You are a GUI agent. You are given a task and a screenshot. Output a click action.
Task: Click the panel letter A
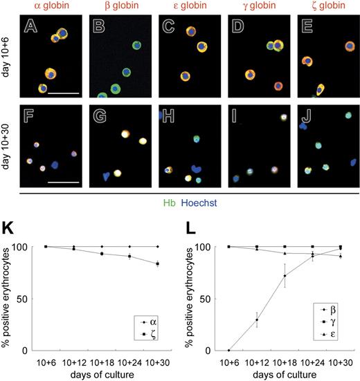30,28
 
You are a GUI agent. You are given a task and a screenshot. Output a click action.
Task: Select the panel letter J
303,115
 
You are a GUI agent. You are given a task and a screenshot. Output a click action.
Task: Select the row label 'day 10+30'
8,146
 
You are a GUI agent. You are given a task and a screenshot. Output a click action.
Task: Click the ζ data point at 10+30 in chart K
158,263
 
